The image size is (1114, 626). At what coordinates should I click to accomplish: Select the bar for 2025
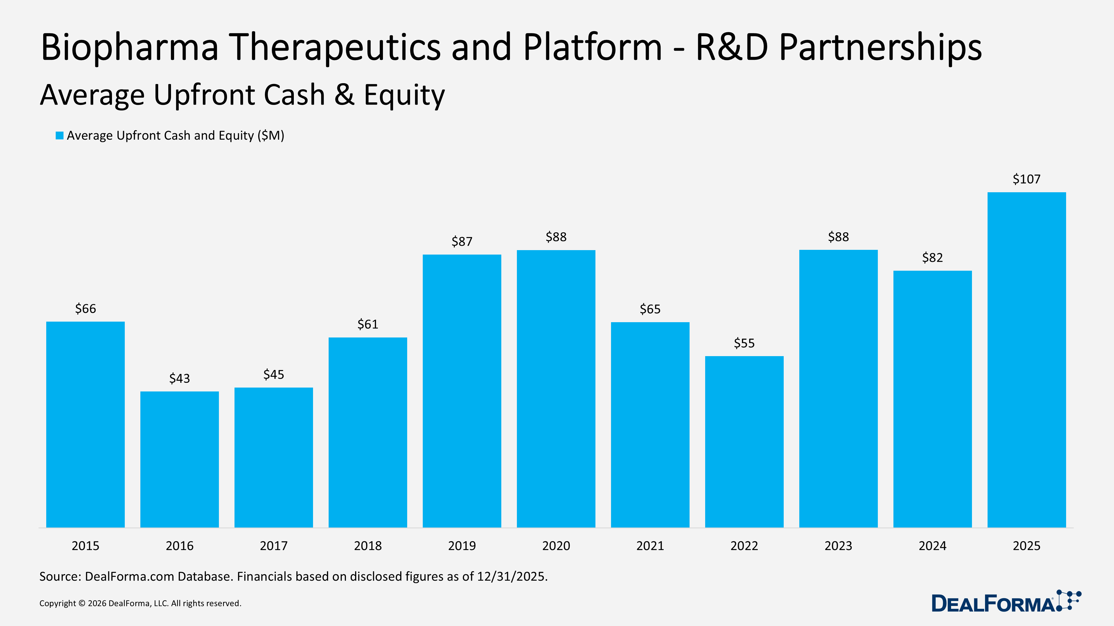[1026, 359]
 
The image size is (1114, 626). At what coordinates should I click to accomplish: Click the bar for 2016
[179, 459]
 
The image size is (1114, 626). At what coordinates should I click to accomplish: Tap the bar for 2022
[744, 442]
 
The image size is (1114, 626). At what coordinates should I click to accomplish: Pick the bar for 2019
[462, 391]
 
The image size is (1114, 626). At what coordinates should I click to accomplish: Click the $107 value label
[1026, 179]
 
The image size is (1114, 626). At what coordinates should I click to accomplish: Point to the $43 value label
[179, 378]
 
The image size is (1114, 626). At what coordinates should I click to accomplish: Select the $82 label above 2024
[932, 257]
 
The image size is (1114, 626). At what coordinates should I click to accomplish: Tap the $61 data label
[368, 324]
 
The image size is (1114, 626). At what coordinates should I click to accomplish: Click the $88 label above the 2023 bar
[838, 237]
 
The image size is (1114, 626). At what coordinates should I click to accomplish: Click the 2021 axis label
[650, 546]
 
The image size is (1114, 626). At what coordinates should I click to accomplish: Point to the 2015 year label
[85, 546]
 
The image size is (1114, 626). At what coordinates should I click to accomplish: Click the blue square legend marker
[60, 136]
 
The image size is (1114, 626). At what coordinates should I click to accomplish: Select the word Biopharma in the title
[130, 48]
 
